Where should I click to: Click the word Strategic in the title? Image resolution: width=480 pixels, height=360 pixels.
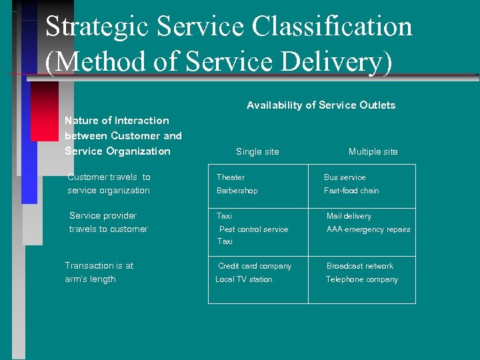point(97,27)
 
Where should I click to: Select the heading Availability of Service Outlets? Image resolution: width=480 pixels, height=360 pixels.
point(321,105)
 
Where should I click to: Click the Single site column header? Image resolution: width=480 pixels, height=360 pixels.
point(257,152)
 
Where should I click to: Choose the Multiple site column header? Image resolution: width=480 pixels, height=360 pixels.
point(373,152)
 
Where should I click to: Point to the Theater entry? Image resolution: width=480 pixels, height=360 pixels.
point(231,177)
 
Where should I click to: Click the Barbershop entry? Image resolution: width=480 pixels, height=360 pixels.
point(237,191)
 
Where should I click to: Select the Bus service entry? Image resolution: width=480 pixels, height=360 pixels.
point(345,177)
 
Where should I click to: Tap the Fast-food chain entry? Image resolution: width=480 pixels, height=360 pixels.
point(351,191)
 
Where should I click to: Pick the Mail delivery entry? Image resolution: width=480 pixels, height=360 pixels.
point(349,216)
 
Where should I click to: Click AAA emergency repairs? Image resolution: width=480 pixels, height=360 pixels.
point(368,229)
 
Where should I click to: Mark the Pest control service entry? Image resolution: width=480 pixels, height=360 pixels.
point(254,229)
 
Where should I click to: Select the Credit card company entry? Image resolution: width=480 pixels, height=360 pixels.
point(255,266)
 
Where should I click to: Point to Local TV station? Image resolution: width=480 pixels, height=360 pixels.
point(244,279)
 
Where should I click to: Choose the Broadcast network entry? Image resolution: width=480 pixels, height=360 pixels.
point(360,266)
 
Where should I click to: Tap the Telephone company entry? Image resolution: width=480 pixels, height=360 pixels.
point(362,279)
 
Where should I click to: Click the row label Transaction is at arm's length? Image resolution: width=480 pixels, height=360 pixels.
point(99,272)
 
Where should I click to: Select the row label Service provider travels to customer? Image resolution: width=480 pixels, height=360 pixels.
point(108,222)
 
